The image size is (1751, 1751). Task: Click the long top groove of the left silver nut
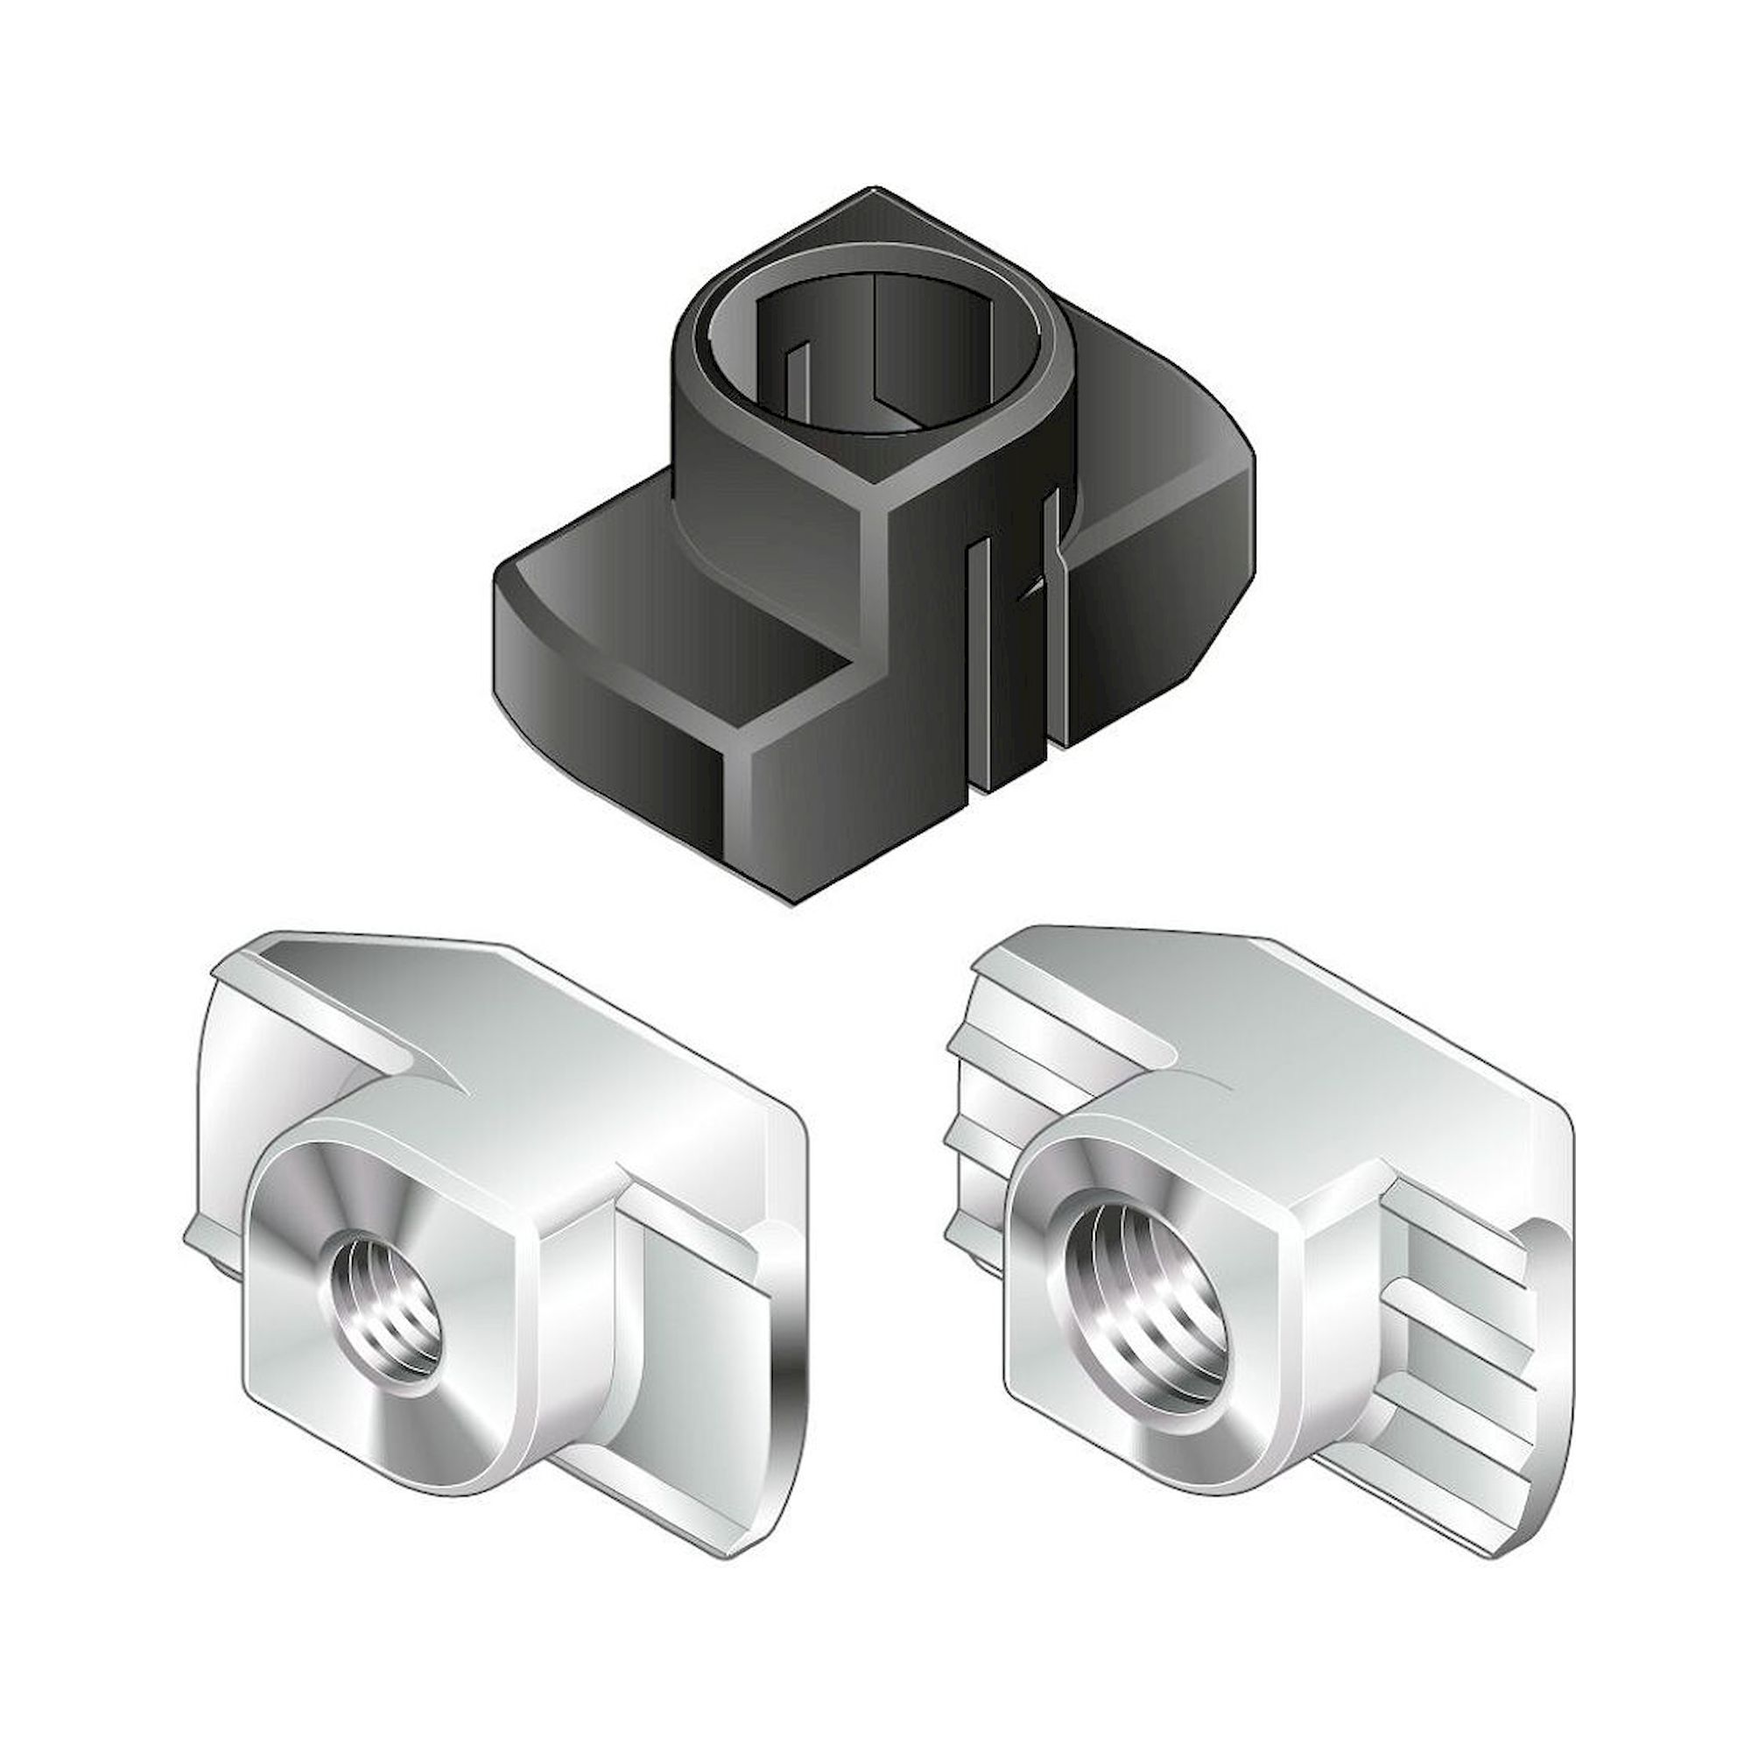tap(362, 1006)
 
